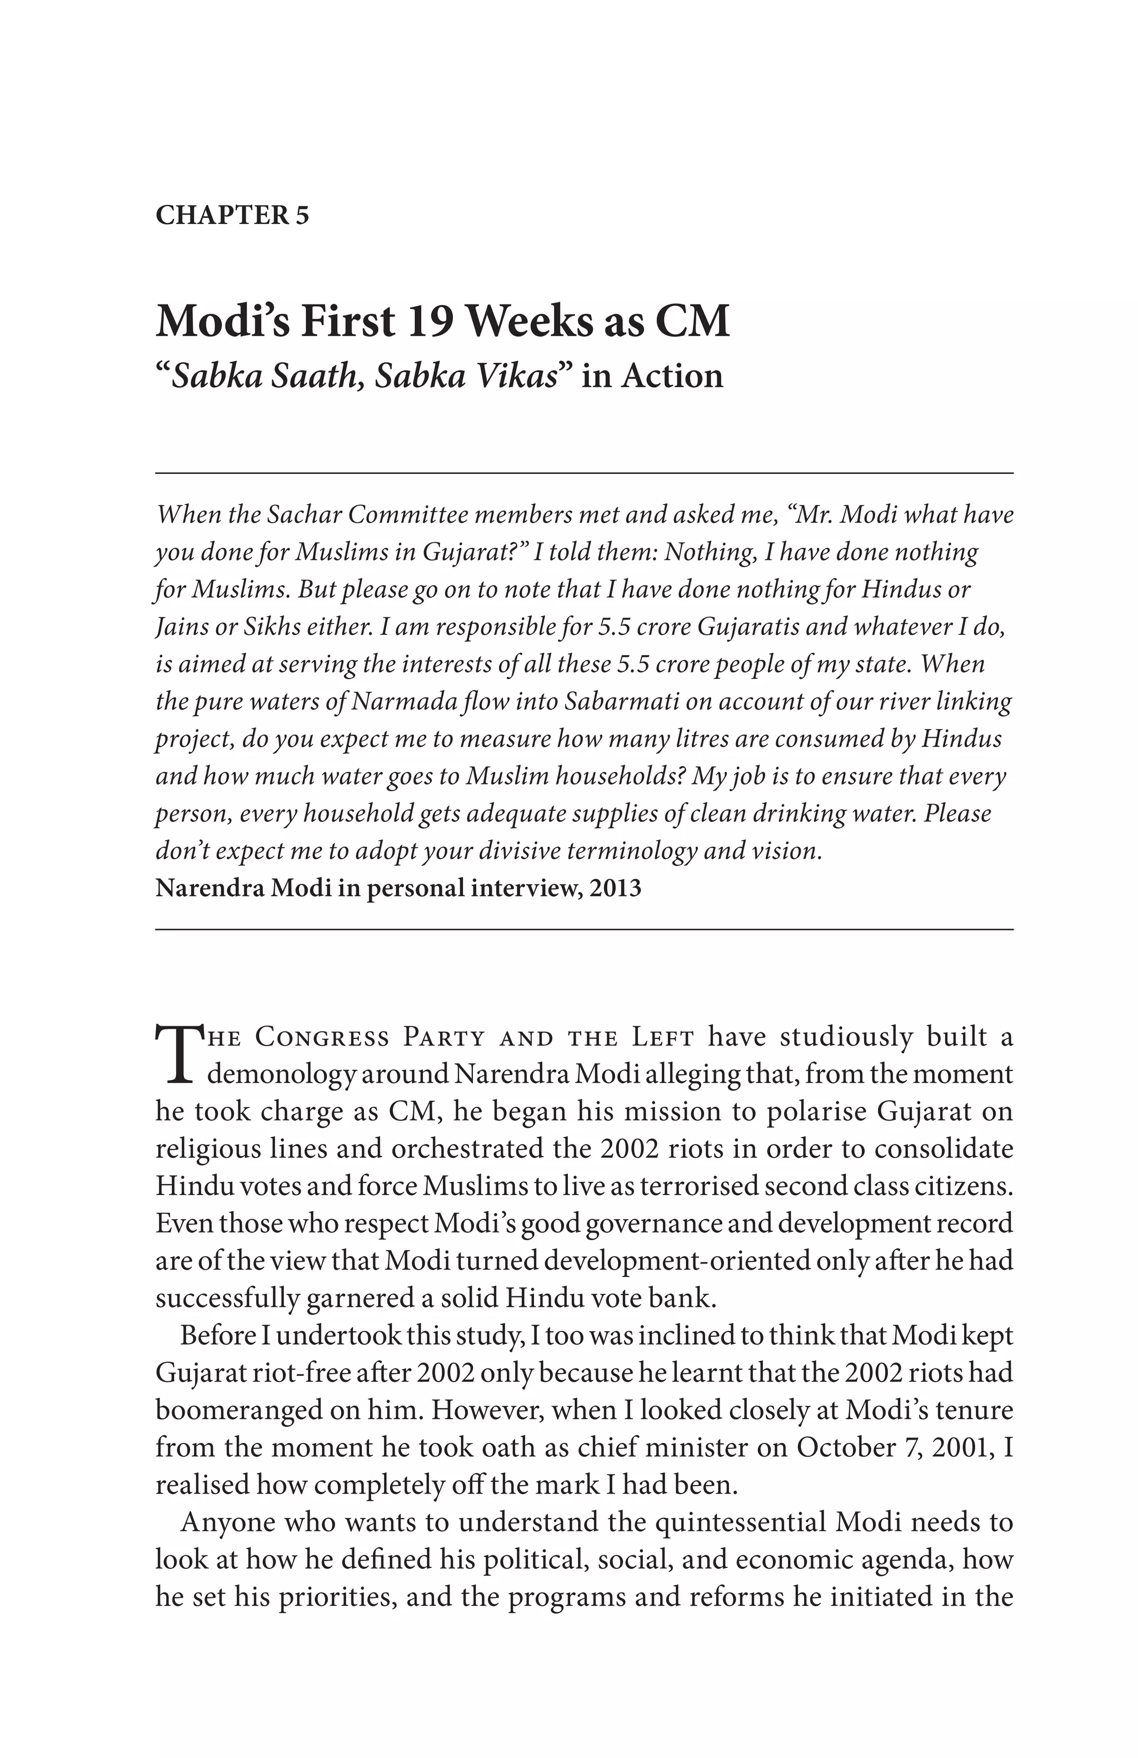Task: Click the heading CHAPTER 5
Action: tap(232, 215)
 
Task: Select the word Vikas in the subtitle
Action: tap(516, 376)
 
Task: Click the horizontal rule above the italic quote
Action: tap(583, 473)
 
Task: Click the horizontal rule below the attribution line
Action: tap(583, 929)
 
